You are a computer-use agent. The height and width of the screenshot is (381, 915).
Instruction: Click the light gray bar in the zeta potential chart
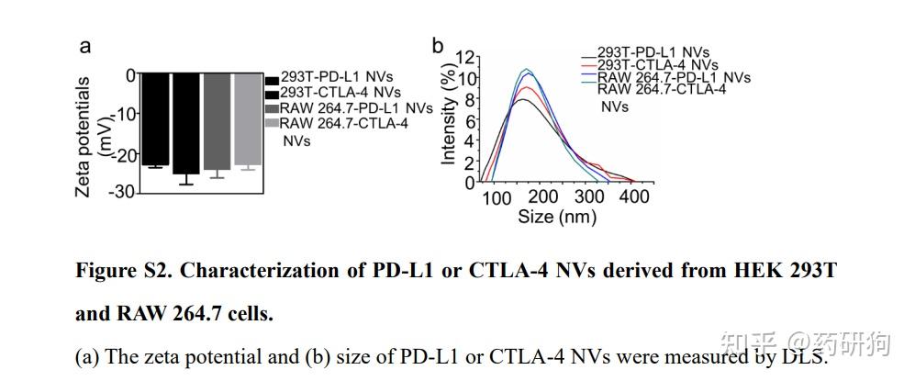(x=248, y=119)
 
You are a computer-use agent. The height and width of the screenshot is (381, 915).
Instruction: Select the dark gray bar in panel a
(x=217, y=121)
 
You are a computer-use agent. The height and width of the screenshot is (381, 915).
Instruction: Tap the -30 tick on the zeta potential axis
(x=123, y=191)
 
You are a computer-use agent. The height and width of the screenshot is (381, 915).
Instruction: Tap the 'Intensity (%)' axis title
(x=448, y=108)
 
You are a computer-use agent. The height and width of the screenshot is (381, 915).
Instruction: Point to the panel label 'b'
(x=438, y=46)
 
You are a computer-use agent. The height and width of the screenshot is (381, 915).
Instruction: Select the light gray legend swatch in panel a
(x=271, y=123)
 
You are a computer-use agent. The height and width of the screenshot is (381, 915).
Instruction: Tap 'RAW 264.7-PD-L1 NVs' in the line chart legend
(x=674, y=77)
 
